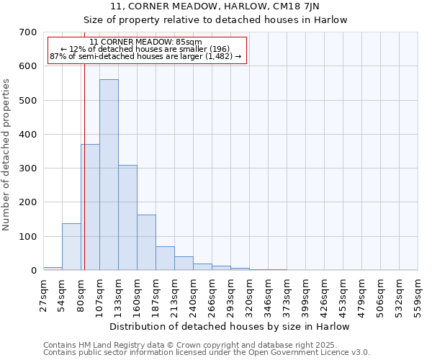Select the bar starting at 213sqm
point(184,264)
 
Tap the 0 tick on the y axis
point(33,271)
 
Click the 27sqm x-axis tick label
point(43,295)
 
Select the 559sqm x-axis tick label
point(418,295)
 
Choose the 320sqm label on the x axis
point(249,295)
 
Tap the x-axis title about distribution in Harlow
point(230,327)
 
